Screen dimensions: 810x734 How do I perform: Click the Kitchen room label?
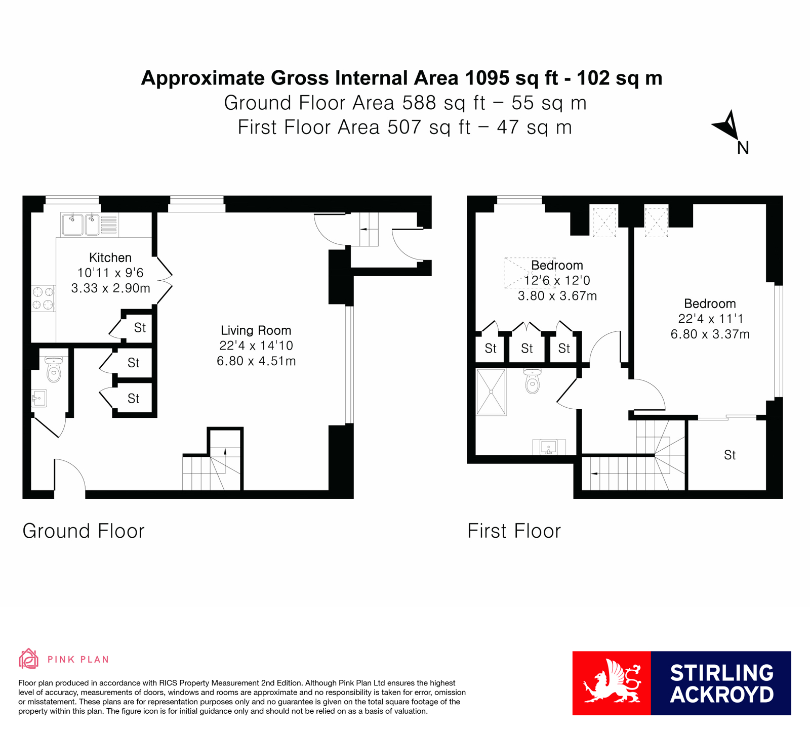110,257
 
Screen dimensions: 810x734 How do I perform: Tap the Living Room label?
256,330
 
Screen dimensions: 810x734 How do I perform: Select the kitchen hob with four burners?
43,298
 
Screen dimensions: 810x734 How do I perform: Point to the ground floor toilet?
54,369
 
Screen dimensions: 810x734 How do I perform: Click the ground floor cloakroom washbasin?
39,398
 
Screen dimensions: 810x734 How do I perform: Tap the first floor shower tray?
491,392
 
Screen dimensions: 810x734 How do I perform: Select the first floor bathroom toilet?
533,381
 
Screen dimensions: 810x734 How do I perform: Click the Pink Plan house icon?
29,659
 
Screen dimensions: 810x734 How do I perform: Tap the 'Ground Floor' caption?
84,531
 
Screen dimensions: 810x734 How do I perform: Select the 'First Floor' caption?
514,531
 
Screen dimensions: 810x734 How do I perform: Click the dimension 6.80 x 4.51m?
256,361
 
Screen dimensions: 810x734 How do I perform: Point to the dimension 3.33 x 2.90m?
110,288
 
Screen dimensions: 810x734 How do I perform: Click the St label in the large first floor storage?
730,455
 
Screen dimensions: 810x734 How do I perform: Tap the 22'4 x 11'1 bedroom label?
710,319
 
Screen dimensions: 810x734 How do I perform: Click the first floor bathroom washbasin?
549,447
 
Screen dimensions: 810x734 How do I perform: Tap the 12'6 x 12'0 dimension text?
557,280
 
